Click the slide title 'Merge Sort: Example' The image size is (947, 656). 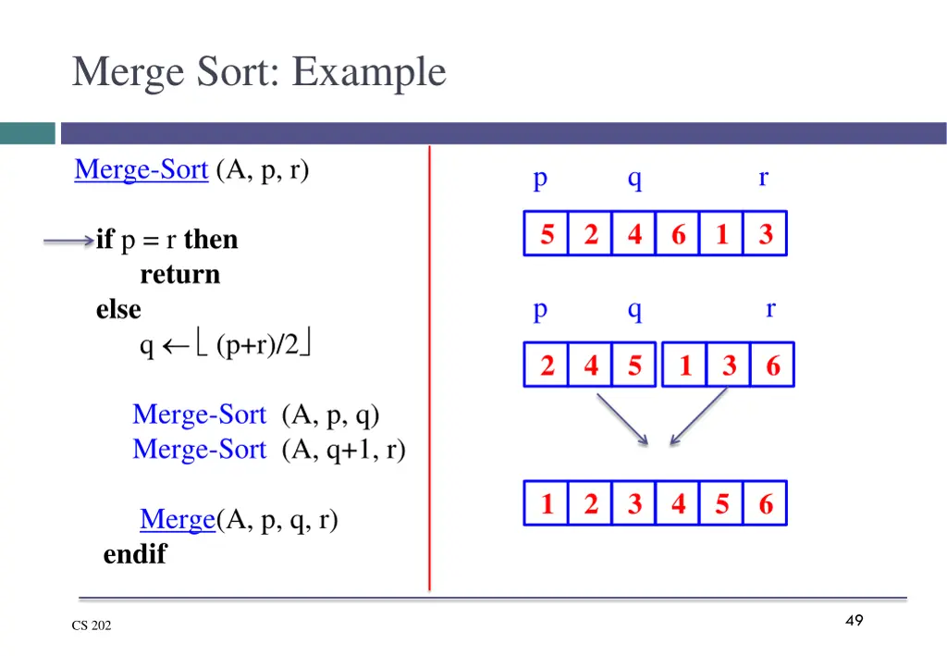[x=259, y=72]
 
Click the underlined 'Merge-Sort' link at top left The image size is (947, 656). [x=141, y=170]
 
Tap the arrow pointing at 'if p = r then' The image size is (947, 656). [x=68, y=241]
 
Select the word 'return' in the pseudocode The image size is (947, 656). [x=180, y=275]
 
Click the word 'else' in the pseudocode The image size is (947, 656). [x=118, y=309]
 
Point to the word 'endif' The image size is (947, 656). [x=135, y=554]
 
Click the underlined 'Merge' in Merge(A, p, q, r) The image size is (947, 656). [x=178, y=520]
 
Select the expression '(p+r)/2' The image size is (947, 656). [x=258, y=345]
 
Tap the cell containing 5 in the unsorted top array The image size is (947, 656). [x=547, y=234]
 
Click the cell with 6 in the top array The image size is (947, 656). [x=678, y=234]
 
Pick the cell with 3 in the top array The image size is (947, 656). [x=765, y=234]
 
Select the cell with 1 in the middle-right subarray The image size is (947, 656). [x=685, y=365]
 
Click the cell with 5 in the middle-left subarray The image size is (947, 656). [x=634, y=365]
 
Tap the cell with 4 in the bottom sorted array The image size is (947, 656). [x=678, y=504]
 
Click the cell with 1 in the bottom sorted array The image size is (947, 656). [x=547, y=504]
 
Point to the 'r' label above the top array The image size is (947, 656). [x=763, y=177]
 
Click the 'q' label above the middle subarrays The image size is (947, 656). [x=634, y=310]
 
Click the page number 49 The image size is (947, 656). [x=854, y=620]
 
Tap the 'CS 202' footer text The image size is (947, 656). [x=92, y=625]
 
